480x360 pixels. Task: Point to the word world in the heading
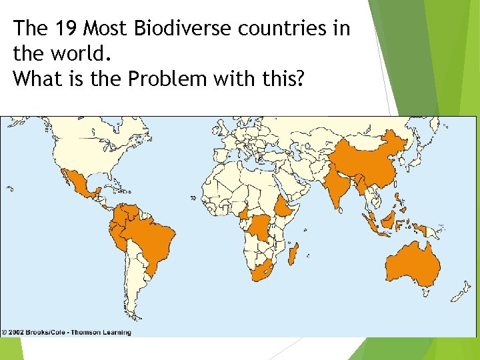pos(67,53)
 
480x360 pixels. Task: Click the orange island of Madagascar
pos(293,254)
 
